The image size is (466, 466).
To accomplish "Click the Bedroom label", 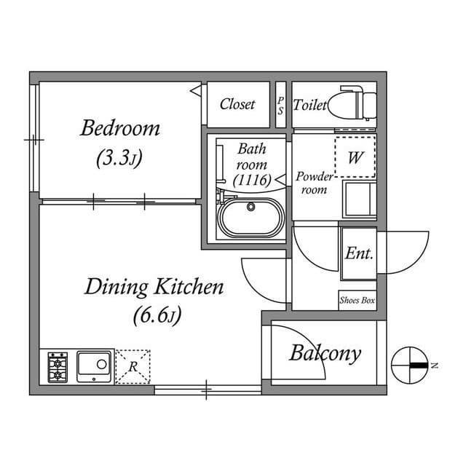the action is pos(120,128).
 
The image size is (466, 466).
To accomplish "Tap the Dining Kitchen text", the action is pos(154,287).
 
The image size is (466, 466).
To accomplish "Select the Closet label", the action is pos(237,104).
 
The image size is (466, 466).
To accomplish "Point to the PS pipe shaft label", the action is pos(280,106).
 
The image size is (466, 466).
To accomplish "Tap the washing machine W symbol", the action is pos(355,157).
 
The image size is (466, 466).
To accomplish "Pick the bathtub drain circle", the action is pos(251,206).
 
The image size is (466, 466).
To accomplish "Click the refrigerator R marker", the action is pos(133,367).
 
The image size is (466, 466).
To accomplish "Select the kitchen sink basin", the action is pos(94,367).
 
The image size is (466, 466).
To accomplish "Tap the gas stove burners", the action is pos(58,368).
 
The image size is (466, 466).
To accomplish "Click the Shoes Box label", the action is pos(358,301).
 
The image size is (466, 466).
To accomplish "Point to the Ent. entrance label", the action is pos(359,253).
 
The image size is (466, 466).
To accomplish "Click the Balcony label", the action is pos(325,354).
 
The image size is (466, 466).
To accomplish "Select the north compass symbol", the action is pos(410,366).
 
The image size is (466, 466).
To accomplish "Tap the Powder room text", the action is pos(315,183).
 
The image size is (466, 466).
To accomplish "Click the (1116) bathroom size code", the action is pos(252,180).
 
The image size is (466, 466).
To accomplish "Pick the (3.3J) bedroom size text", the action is pos(119,158).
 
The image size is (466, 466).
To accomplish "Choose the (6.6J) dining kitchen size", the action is pos(157,315).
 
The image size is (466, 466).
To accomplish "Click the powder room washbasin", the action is pos(359,199).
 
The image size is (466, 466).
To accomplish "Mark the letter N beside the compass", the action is pos(435,366).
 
